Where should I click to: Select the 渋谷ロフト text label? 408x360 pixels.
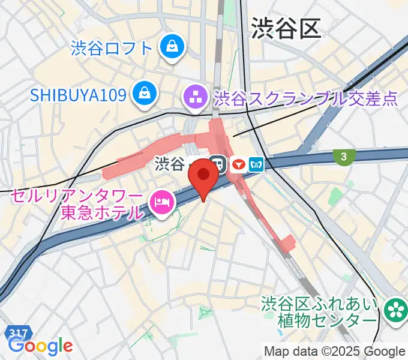point(112,47)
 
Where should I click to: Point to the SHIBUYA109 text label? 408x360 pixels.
point(79,94)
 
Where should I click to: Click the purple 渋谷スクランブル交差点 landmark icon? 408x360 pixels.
point(195,95)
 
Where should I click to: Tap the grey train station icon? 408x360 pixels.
point(217,164)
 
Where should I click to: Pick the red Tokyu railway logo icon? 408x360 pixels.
point(239,164)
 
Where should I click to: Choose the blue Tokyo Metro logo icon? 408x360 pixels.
point(257,164)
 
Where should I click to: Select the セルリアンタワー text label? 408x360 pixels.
point(76,196)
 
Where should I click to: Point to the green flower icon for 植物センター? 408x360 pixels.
point(395,310)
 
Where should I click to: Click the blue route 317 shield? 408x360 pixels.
point(18,333)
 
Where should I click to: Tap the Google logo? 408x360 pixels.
point(41,346)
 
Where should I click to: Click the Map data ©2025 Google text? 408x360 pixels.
point(335,351)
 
